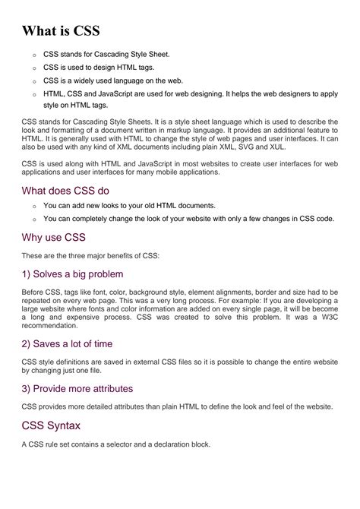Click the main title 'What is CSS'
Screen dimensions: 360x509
point(61,31)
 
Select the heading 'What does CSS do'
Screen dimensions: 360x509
point(66,191)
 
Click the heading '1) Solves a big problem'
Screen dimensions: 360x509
point(73,273)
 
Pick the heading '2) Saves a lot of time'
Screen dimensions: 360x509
point(67,343)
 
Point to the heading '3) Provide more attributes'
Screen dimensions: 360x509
point(77,388)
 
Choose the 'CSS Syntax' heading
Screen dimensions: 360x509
point(52,425)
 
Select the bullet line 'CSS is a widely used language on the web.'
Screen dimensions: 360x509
point(113,80)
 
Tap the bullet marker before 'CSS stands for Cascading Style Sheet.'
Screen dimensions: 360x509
point(34,55)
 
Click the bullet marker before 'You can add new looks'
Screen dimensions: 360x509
point(34,206)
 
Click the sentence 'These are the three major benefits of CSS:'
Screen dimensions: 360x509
point(99,255)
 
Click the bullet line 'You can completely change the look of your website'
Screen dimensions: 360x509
point(188,219)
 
